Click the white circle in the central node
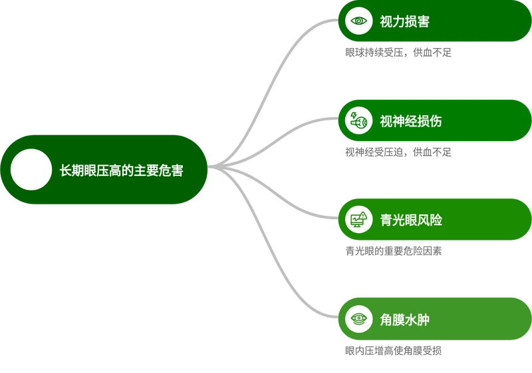31,170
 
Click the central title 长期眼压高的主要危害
121,171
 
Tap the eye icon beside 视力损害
359,21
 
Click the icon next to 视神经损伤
359,121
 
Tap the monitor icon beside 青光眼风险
359,219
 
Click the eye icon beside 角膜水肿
359,319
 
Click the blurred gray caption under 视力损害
398,53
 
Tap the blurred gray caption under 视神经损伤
398,152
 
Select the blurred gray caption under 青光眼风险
392,252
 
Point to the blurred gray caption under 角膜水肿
392,351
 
